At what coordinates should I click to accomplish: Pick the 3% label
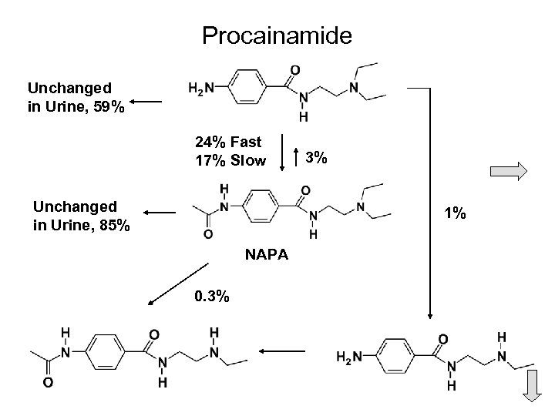pyautogui.click(x=317, y=158)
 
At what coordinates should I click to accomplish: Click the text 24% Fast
pyautogui.click(x=227, y=143)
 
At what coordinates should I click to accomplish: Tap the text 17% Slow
pyautogui.click(x=230, y=161)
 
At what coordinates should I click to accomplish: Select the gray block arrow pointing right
pyautogui.click(x=510, y=170)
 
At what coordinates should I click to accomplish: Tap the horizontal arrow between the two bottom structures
pyautogui.click(x=282, y=351)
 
